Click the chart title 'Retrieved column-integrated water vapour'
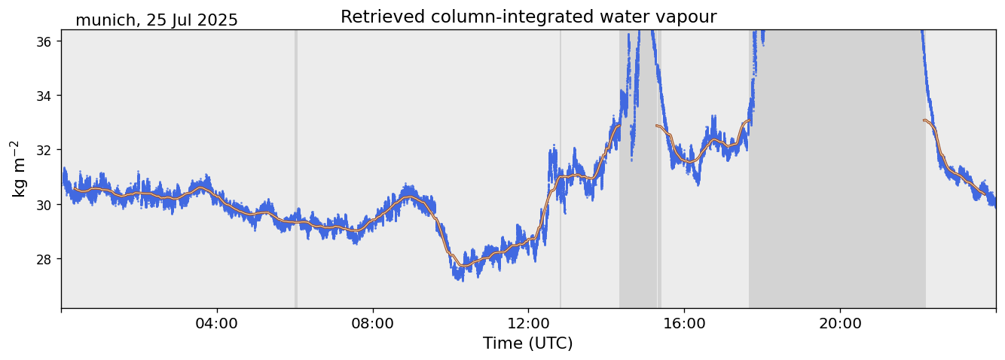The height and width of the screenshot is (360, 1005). [x=528, y=17]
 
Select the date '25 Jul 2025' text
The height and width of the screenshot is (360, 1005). [x=192, y=20]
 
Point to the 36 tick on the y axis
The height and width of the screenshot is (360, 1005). [x=43, y=41]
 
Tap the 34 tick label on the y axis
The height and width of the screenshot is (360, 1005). [x=43, y=96]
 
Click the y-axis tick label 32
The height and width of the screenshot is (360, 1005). [x=43, y=150]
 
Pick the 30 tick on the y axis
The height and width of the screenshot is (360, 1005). [x=43, y=205]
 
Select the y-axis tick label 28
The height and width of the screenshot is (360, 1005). [x=43, y=259]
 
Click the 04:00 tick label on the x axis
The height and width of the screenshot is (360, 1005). [x=217, y=323]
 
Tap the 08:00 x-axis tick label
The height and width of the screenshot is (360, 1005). [x=373, y=323]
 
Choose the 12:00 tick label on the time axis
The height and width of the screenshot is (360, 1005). [x=528, y=323]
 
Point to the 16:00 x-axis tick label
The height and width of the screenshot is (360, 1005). [x=684, y=323]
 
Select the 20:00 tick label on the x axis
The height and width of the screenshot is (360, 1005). [x=840, y=323]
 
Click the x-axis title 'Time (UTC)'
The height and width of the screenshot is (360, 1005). [x=528, y=343]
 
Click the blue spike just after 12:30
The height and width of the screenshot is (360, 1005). [x=554, y=148]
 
